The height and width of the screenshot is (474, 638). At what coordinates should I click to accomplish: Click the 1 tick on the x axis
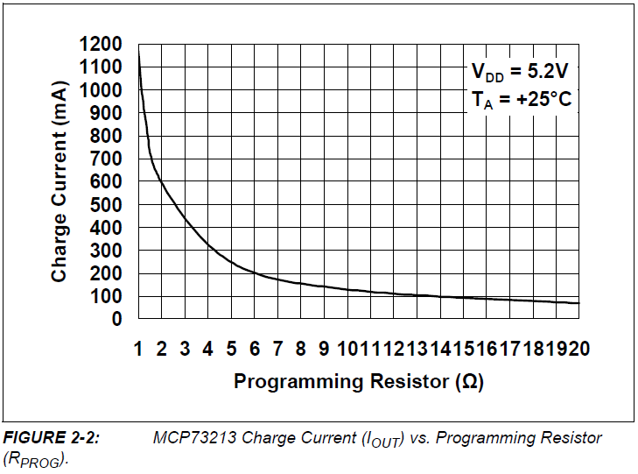(x=138, y=349)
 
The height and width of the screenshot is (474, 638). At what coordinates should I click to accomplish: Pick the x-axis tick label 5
(x=231, y=349)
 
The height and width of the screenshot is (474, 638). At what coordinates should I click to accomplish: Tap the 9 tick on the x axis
(x=323, y=349)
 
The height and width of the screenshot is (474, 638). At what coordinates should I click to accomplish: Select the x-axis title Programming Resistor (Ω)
(x=358, y=382)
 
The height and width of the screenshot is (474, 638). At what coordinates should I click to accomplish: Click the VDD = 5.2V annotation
(x=520, y=72)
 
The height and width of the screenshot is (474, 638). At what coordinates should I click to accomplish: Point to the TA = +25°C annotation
(x=520, y=99)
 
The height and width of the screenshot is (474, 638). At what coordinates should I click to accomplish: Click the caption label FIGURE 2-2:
(x=52, y=438)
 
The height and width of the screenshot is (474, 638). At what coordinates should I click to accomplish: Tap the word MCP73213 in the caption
(x=190, y=438)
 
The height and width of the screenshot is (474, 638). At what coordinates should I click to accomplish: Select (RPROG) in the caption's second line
(x=35, y=459)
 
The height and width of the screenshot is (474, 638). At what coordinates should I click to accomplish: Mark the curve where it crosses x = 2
(x=162, y=180)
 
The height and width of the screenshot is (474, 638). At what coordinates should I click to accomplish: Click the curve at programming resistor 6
(x=254, y=272)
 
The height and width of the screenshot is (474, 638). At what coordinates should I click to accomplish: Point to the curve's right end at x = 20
(x=578, y=303)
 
